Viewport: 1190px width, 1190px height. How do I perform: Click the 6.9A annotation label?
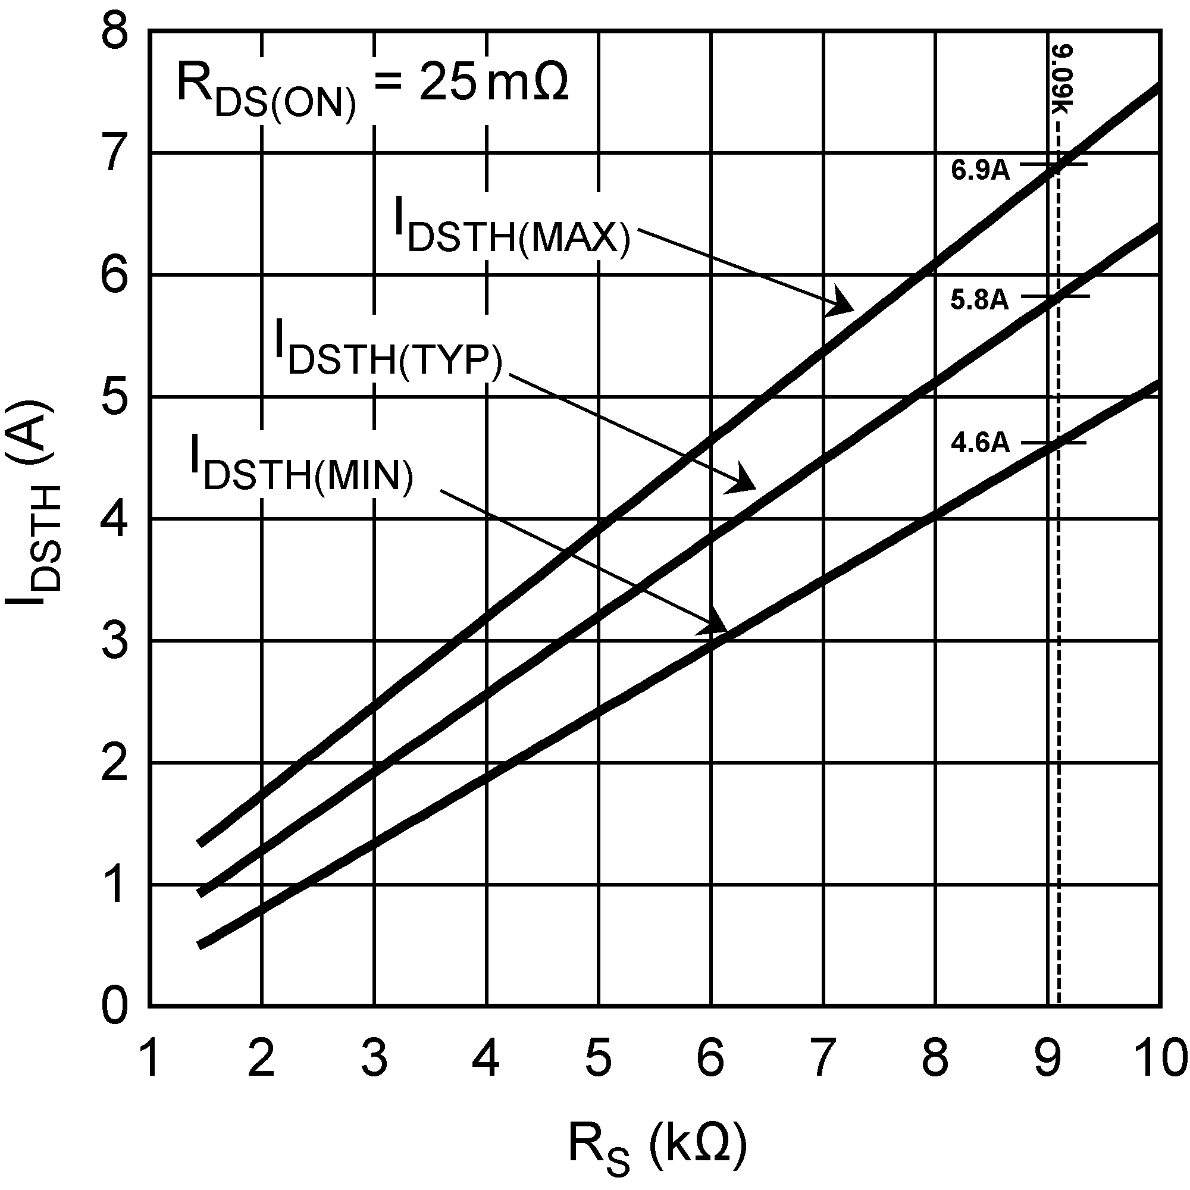click(980, 170)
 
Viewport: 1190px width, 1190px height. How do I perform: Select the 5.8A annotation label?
click(979, 300)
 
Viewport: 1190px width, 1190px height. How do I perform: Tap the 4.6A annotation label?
click(980, 443)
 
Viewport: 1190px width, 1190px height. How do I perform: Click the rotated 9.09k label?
click(1064, 80)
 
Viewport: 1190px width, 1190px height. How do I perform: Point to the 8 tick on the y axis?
click(116, 32)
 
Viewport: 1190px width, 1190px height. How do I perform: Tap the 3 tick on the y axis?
click(116, 642)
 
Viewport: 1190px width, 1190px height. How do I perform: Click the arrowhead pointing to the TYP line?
click(742, 480)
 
